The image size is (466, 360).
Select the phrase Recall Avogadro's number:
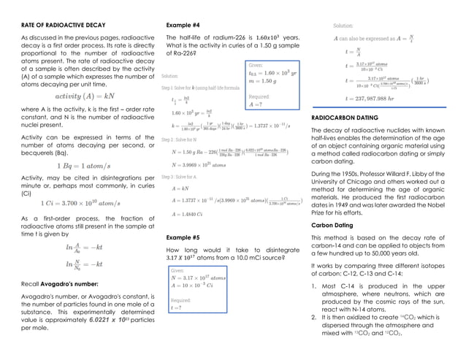pyautogui.click(x=55, y=282)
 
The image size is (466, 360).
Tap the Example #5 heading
pyautogui.click(x=183, y=238)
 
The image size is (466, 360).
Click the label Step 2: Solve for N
pyautogui.click(x=183, y=139)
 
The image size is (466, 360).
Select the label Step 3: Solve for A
pyautogui.click(x=183, y=177)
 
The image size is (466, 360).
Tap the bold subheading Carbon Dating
pyautogui.click(x=335, y=226)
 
